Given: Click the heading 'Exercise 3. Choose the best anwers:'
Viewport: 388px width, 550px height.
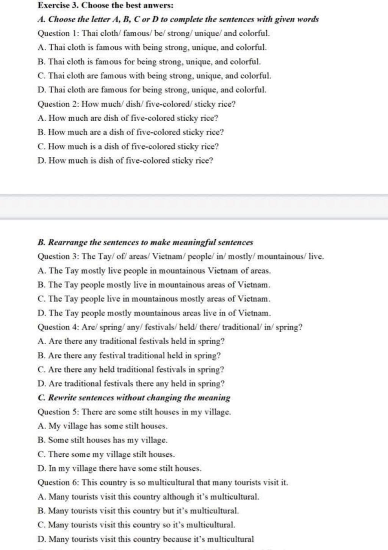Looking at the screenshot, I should point(106,5).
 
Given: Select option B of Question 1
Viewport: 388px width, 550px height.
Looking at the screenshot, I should point(149,61).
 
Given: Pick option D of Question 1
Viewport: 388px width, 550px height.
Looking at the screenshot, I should point(152,90).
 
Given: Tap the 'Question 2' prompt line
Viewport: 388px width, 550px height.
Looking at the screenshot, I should point(136,104).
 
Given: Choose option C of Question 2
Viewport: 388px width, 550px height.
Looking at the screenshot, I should point(128,147).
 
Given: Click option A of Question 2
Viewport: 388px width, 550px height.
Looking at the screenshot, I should point(128,118).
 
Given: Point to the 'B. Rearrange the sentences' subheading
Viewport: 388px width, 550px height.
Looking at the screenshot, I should point(145,242).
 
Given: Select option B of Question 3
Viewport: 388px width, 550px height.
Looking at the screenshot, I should point(154,285).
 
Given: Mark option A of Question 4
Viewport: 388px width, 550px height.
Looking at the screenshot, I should point(131,341).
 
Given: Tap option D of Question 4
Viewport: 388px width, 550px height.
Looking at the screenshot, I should point(131,384).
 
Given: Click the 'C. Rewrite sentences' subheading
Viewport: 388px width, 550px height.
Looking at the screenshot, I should point(134,398).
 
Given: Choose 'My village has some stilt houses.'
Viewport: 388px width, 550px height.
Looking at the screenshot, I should point(103,426).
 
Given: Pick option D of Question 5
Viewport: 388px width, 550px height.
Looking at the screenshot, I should point(119,469).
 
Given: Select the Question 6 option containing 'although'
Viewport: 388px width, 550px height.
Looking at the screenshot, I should point(149,497).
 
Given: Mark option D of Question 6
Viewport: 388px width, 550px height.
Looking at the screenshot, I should point(146,539).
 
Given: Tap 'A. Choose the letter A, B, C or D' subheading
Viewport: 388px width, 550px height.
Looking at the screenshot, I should point(178,19).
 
